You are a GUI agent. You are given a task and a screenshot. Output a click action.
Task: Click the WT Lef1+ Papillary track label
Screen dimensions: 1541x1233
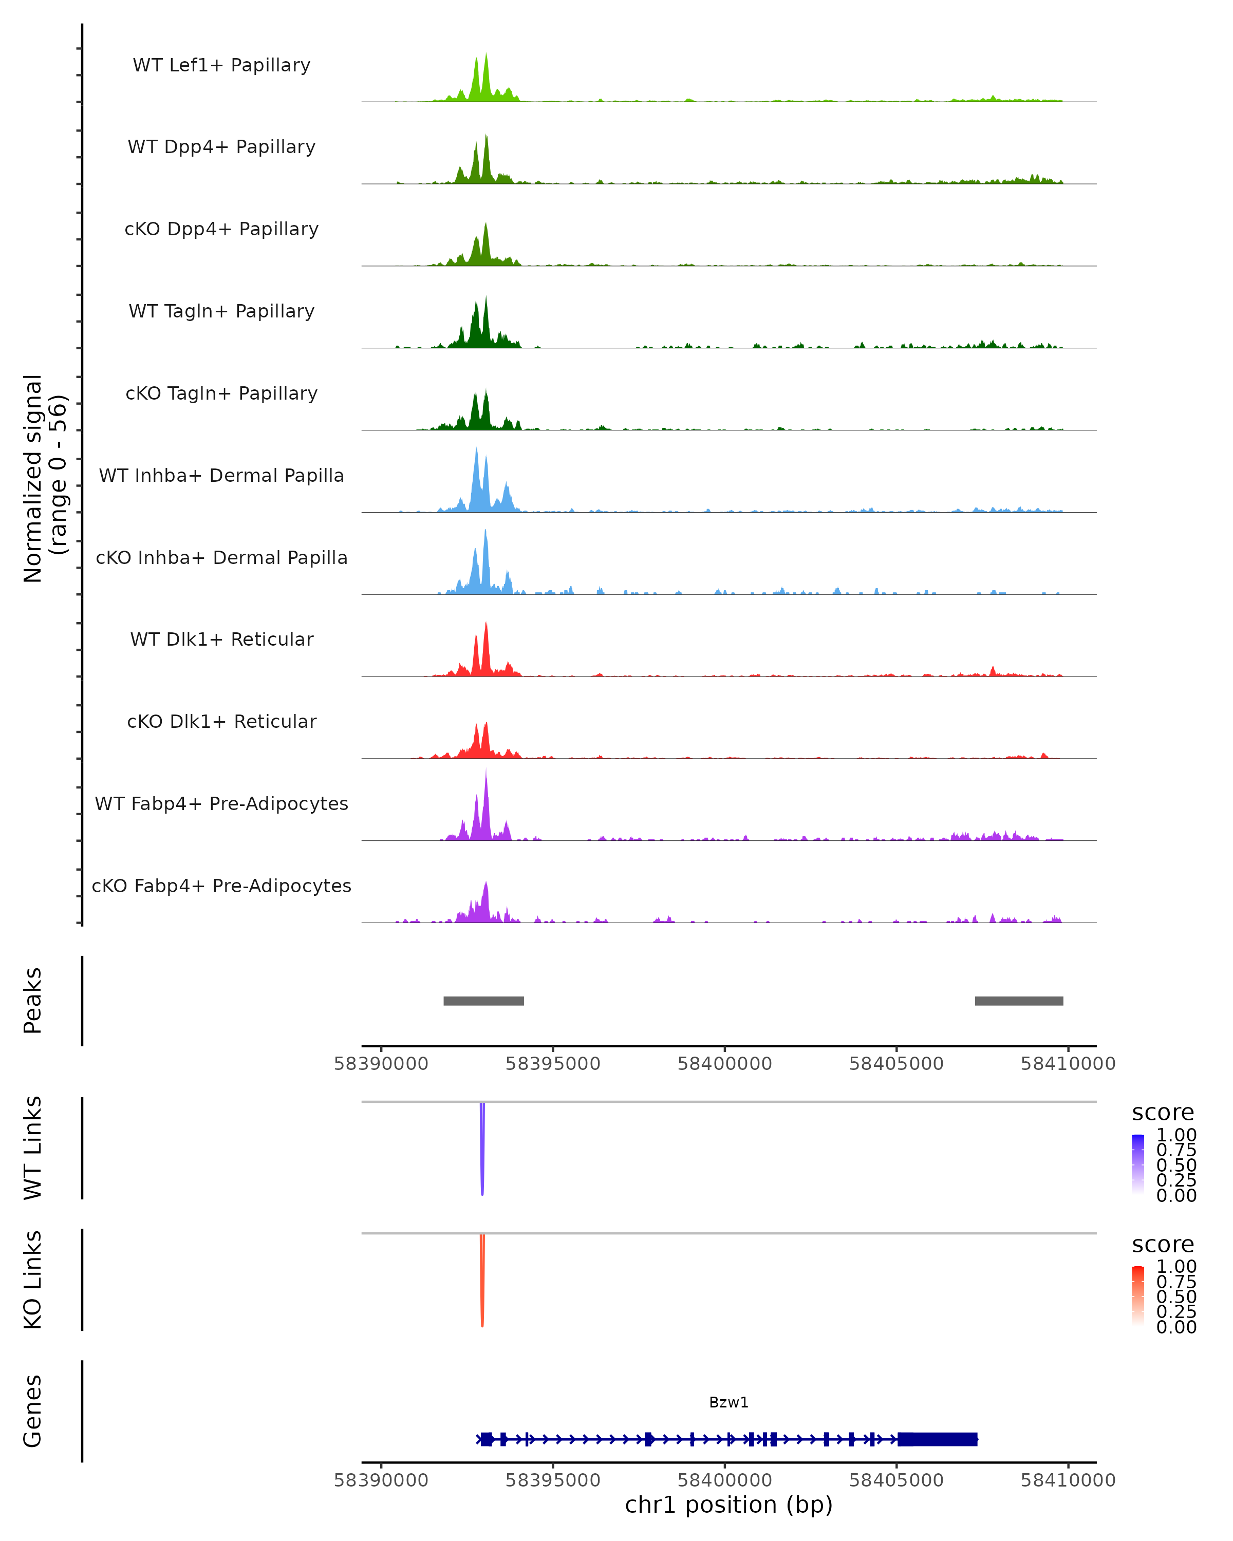[x=221, y=65]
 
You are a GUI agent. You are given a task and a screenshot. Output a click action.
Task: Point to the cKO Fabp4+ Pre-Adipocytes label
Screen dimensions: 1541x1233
[x=221, y=886]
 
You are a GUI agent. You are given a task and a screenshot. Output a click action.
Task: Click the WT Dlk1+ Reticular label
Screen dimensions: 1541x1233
[x=221, y=639]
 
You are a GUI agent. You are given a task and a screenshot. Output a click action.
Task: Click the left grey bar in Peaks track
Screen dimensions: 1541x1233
[x=483, y=1001]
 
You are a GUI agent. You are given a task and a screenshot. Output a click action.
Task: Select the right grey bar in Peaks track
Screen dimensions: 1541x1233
[x=1019, y=1001]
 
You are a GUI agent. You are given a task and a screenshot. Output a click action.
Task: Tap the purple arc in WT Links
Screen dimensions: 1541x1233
[x=482, y=1151]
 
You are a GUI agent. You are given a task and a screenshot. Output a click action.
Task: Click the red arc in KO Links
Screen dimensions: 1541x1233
[x=482, y=1283]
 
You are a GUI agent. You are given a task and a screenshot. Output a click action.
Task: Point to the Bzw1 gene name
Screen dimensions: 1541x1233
[x=728, y=1402]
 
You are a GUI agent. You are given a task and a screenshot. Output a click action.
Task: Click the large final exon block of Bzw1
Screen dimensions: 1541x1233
[x=937, y=1439]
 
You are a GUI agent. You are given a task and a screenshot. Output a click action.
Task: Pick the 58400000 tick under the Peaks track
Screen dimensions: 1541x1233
[x=725, y=1064]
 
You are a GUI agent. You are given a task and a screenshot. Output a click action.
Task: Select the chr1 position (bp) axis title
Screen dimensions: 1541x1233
[x=728, y=1505]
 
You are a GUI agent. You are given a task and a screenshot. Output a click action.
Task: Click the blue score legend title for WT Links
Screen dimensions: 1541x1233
[x=1163, y=1113]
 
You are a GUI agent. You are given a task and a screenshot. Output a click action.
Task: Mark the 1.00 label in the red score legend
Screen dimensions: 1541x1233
[x=1176, y=1267]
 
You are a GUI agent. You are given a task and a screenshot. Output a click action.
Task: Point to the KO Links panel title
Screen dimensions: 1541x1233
[x=32, y=1280]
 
